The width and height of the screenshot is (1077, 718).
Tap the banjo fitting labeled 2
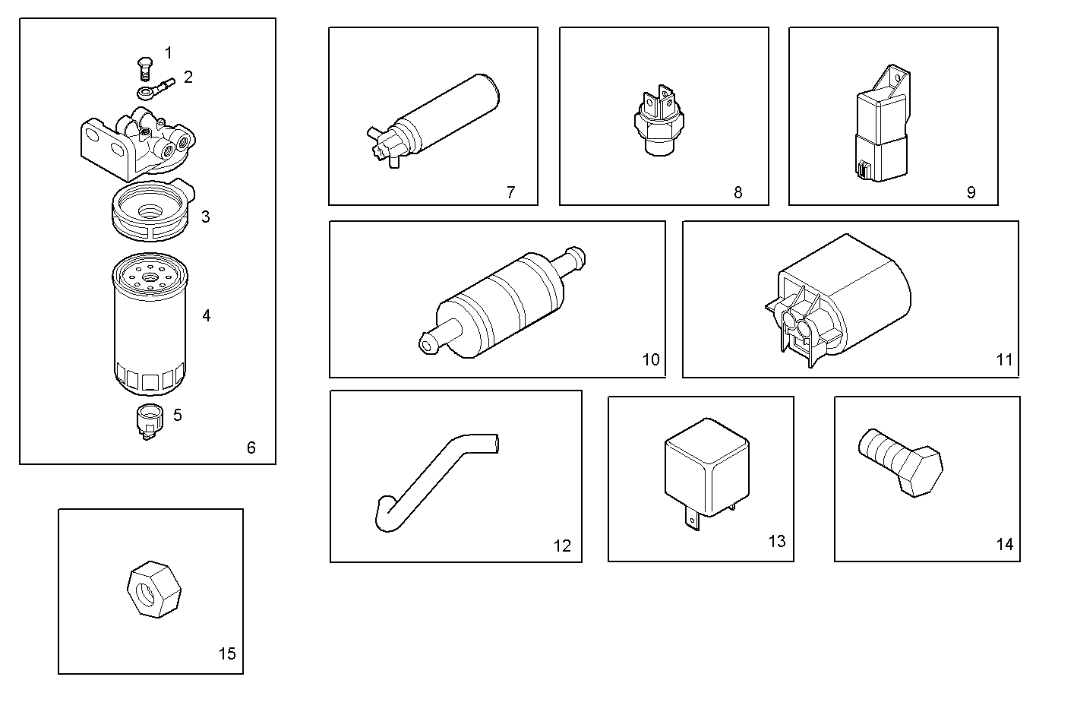click(155, 87)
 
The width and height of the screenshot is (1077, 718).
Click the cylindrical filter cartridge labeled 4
click(150, 327)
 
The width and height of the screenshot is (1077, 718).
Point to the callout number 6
click(251, 448)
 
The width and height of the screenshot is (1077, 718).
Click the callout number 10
click(651, 359)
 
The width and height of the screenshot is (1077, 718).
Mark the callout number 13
click(776, 541)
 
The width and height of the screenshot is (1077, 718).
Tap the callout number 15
click(227, 653)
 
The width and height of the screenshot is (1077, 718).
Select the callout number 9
click(971, 192)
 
